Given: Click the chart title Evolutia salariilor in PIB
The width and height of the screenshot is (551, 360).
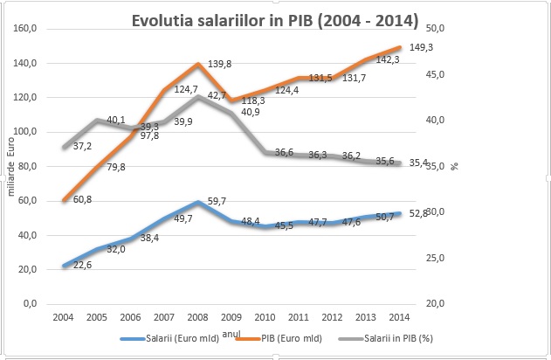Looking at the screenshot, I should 274,18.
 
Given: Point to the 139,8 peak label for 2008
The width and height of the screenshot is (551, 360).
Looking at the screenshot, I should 219,65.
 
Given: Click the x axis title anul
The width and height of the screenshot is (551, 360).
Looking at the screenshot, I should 231,331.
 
